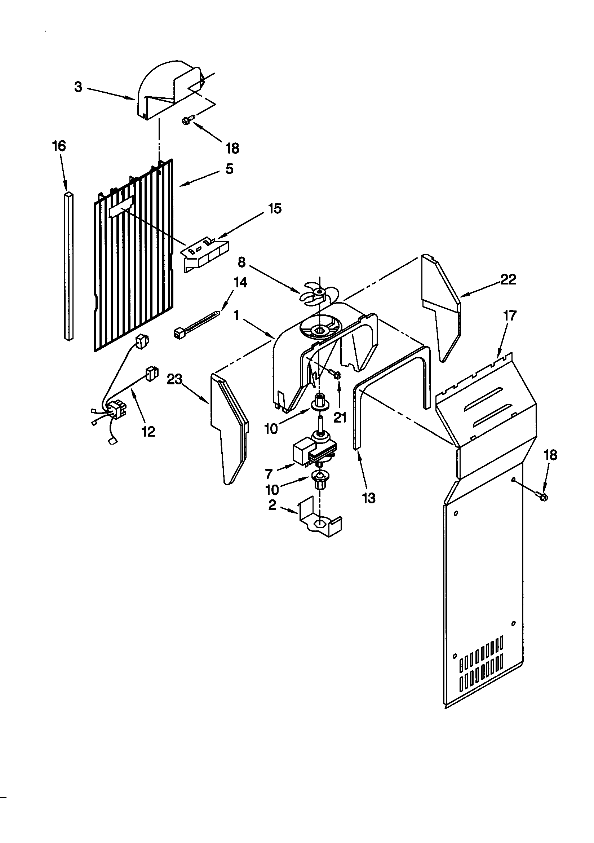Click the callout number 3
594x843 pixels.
(x=78, y=87)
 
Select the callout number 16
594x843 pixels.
(x=59, y=146)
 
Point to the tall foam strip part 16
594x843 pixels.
(x=68, y=266)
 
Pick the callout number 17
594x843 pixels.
(x=510, y=315)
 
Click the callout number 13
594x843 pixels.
(x=369, y=498)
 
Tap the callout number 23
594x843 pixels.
(x=174, y=379)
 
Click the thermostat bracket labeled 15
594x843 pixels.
(x=204, y=256)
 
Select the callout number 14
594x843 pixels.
(x=240, y=282)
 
